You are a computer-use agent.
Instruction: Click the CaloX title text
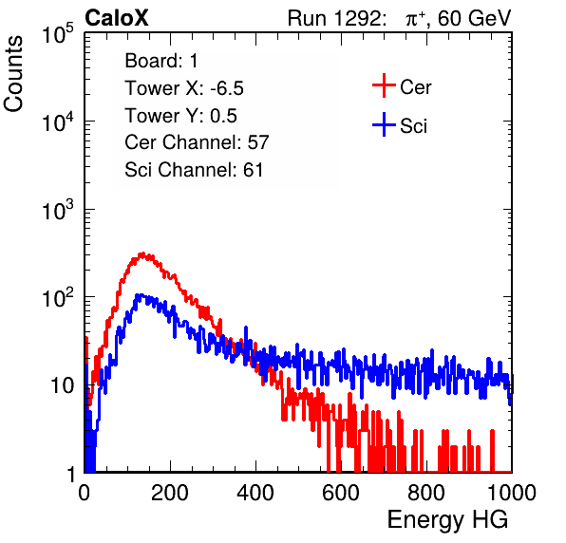click(117, 18)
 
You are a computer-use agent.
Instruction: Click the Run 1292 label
click(334, 18)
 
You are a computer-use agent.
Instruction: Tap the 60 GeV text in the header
click(474, 19)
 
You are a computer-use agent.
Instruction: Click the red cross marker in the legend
click(384, 85)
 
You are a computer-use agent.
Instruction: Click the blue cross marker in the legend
click(384, 124)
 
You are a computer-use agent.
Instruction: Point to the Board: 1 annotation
click(161, 61)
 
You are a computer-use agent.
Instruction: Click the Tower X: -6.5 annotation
click(184, 88)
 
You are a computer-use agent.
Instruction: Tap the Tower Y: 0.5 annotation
click(180, 116)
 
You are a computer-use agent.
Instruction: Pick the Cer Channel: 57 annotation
click(197, 142)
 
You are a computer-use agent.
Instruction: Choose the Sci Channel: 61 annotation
click(194, 170)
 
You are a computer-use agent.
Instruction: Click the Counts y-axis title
click(13, 74)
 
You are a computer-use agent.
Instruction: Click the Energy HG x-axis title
click(447, 519)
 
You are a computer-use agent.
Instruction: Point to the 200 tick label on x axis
click(170, 493)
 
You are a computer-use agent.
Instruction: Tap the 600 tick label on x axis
click(341, 493)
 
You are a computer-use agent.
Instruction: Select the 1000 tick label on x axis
click(512, 493)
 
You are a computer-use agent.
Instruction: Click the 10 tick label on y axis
click(62, 385)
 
